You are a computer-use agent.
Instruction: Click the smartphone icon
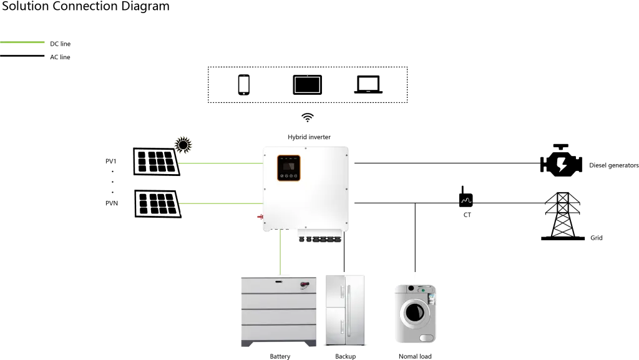[243, 85]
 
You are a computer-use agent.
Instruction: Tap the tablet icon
[307, 84]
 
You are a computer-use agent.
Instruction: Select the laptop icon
[368, 85]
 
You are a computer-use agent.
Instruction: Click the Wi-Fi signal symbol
[306, 117]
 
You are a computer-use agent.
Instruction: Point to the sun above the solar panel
[183, 145]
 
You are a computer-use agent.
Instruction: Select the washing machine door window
[412, 311]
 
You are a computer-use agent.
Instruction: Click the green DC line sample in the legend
[22, 43]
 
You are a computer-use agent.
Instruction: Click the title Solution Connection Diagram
[85, 7]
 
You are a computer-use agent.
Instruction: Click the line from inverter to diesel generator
[446, 162]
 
